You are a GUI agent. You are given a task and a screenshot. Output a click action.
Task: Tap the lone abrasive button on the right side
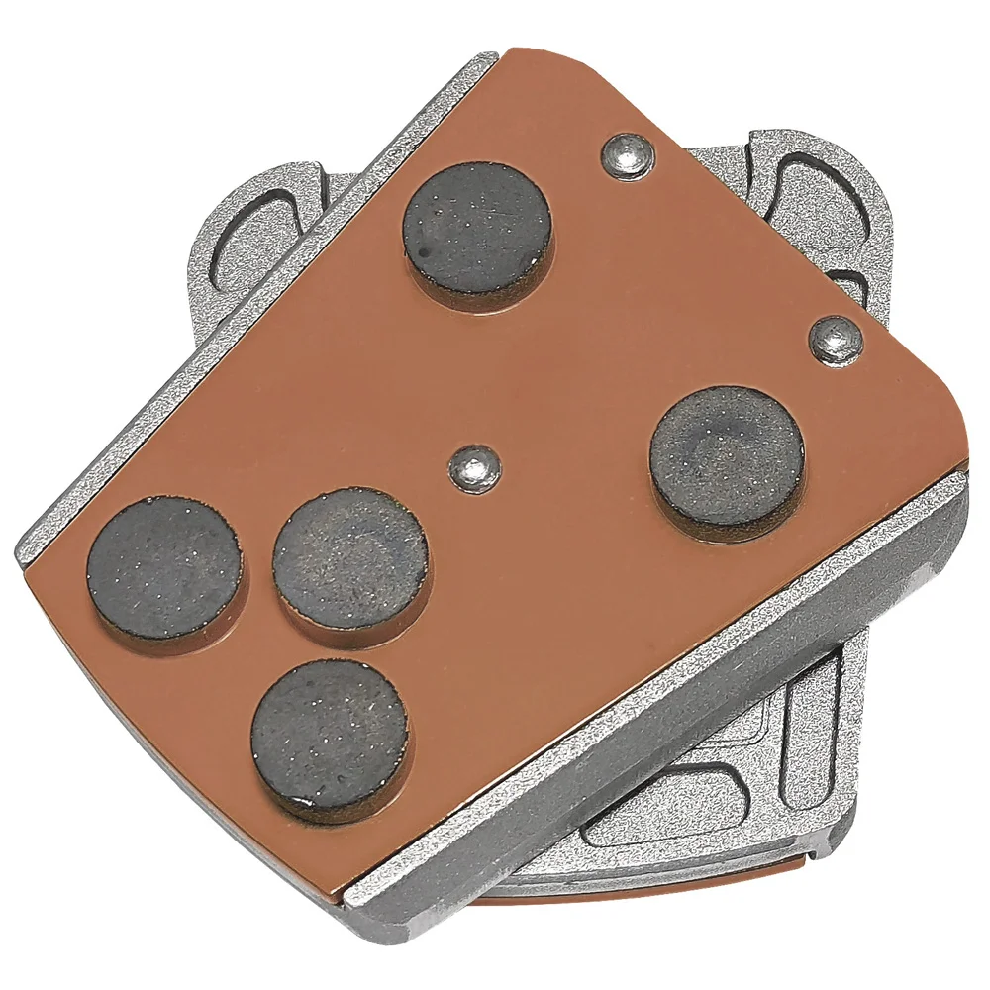pos(726,455)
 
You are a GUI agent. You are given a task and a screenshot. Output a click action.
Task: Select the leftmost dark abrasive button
pos(164,568)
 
